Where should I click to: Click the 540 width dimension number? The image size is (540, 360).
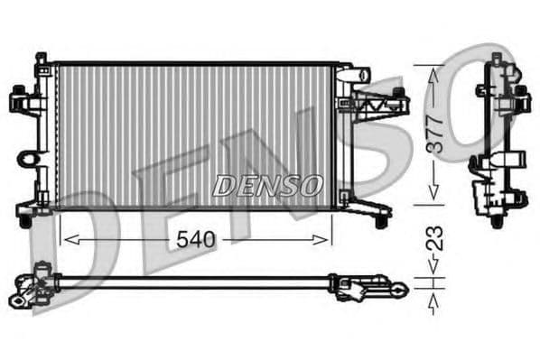pos(196,240)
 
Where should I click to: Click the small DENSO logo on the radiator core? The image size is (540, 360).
pos(267,186)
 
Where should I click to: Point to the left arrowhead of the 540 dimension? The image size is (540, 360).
pos(64,240)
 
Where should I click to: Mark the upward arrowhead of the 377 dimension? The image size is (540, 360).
pos(433,71)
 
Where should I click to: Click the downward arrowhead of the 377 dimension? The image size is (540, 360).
pos(433,195)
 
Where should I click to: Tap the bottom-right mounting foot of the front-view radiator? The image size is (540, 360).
pos(383,219)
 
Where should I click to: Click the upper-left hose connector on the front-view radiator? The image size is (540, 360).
pos(21,96)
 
